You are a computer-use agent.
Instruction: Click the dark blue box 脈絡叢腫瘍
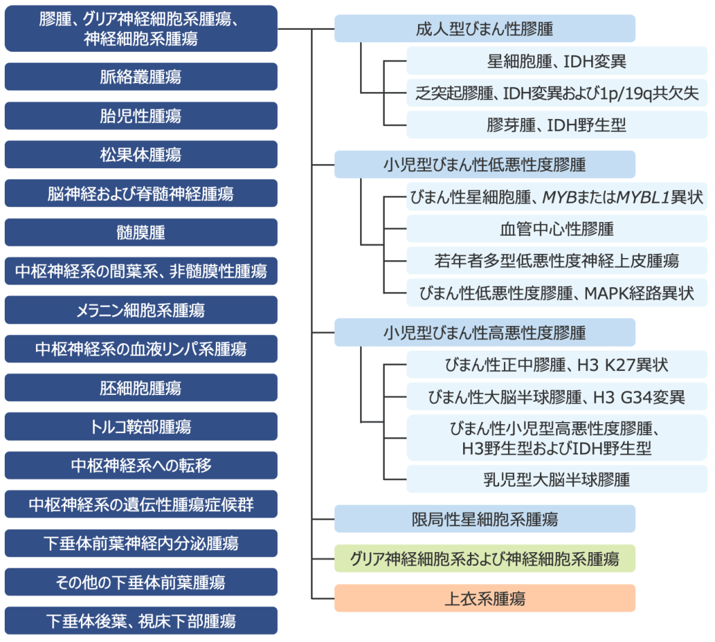coord(141,77)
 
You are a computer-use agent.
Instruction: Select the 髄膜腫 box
coord(141,233)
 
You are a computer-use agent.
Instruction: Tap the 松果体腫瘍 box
coord(141,155)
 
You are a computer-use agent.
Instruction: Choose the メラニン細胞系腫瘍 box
coord(141,310)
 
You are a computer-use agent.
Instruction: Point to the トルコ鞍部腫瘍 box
coord(141,427)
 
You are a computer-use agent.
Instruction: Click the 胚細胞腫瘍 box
coord(141,388)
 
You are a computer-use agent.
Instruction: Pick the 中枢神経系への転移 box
coord(141,466)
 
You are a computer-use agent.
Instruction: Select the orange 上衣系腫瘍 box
coord(485,598)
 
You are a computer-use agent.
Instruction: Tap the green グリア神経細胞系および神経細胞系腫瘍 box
coord(485,558)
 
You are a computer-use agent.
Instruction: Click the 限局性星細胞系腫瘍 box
coord(485,519)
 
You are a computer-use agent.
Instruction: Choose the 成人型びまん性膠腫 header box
coord(485,29)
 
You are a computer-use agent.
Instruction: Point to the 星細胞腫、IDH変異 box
coord(557,61)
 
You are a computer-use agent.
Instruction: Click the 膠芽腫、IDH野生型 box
coord(557,125)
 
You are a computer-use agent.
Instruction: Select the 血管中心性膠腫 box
coord(557,229)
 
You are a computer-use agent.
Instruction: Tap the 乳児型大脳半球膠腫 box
coord(557,479)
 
